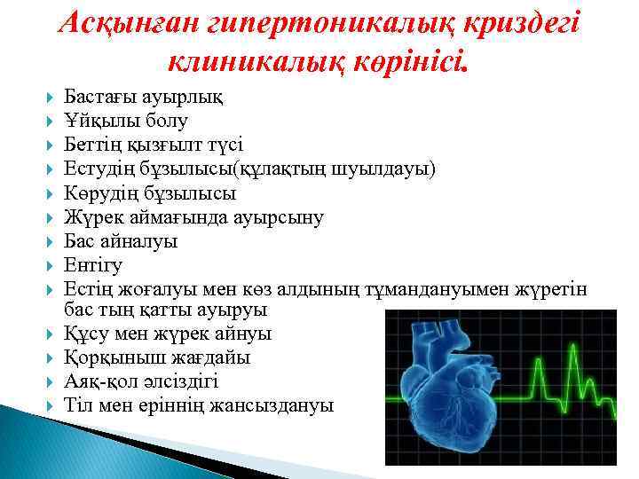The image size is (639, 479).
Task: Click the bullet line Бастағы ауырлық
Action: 143,96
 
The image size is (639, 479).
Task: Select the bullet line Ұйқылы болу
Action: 125,120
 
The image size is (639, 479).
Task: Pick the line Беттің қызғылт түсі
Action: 153,144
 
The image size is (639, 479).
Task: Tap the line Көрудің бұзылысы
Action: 150,192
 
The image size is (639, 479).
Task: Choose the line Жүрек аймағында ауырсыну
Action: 193,216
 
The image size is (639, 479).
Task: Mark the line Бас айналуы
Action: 121,241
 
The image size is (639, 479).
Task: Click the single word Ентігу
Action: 93,265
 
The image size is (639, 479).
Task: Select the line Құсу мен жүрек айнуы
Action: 168,334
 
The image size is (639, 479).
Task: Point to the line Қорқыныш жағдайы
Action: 157,357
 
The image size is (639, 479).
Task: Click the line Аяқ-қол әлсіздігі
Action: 141,381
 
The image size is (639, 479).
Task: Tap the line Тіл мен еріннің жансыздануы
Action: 199,405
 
